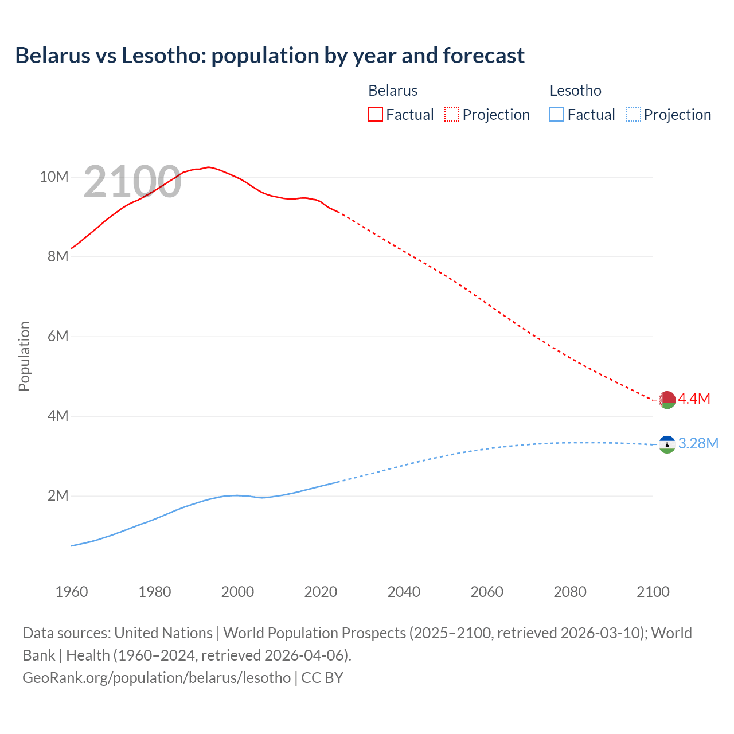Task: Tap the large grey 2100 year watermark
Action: point(132,182)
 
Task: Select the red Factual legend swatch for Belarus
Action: point(375,115)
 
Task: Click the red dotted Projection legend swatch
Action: point(452,115)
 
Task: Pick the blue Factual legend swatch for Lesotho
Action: point(557,115)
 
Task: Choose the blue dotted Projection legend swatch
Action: point(634,115)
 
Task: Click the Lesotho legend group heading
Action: point(575,91)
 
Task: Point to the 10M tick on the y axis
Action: point(54,177)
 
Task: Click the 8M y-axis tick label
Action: point(58,256)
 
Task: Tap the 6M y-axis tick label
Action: point(58,336)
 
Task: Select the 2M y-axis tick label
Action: point(58,495)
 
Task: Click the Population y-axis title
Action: point(24,356)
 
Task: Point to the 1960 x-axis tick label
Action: point(72,592)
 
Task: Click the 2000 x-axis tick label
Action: point(237,592)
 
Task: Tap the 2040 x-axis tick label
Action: point(404,592)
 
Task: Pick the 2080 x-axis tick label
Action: point(570,592)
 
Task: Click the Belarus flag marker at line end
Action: point(667,400)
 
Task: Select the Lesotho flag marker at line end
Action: point(667,444)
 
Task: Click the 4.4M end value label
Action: point(694,399)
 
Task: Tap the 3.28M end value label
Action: point(698,443)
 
